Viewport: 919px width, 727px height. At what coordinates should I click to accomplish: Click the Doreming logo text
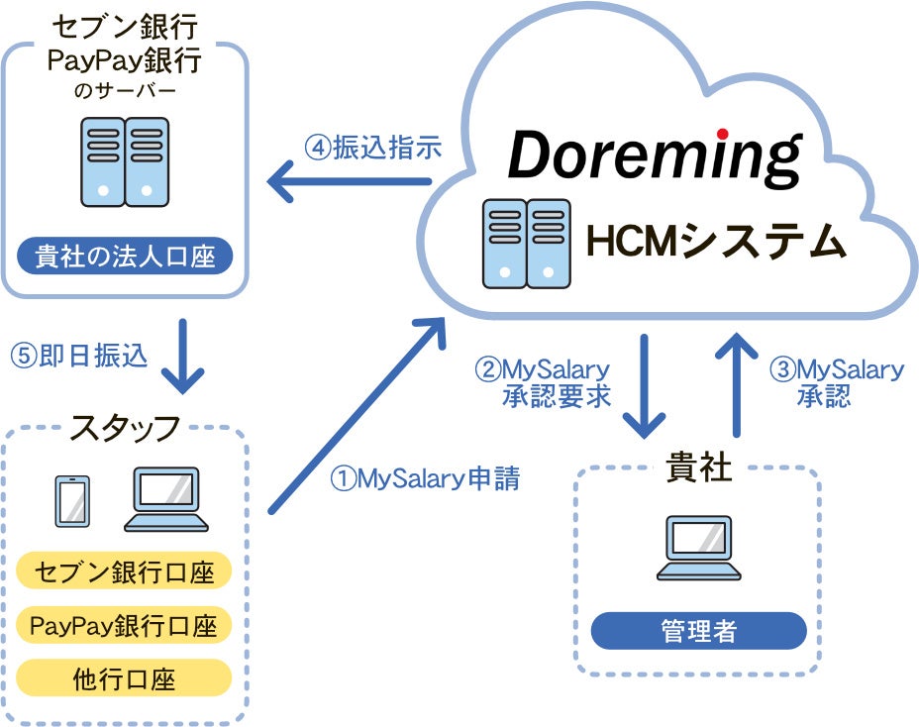pyautogui.click(x=655, y=157)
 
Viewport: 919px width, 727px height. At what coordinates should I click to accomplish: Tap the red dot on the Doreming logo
pyautogui.click(x=722, y=134)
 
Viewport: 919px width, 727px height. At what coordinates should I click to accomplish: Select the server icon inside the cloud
pyautogui.click(x=526, y=244)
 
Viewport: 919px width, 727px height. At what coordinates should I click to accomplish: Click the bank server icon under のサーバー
pyautogui.click(x=125, y=161)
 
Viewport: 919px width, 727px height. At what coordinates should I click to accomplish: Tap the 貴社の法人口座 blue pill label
pyautogui.click(x=125, y=256)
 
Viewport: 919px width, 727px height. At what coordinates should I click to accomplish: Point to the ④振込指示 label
pyautogui.click(x=372, y=148)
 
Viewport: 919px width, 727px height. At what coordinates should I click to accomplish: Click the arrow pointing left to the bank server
pyautogui.click(x=350, y=181)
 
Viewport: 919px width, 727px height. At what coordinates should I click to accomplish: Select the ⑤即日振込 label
pyautogui.click(x=78, y=356)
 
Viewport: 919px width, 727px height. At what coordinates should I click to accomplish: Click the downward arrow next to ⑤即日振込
pyautogui.click(x=183, y=356)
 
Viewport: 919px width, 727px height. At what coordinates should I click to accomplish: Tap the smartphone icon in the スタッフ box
pyautogui.click(x=72, y=501)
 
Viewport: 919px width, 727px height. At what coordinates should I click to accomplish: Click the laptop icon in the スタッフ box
pyautogui.click(x=166, y=499)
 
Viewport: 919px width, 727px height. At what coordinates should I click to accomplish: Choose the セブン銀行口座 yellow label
pyautogui.click(x=124, y=571)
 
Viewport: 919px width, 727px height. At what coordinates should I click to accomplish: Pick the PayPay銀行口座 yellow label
pyautogui.click(x=124, y=625)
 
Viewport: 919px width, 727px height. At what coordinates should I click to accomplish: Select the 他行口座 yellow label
pyautogui.click(x=124, y=678)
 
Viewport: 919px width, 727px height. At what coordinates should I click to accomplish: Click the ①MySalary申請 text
pyautogui.click(x=425, y=478)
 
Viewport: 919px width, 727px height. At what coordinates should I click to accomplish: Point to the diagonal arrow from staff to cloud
pyautogui.click(x=357, y=416)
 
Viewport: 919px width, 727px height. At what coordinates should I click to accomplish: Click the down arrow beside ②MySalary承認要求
pyautogui.click(x=644, y=385)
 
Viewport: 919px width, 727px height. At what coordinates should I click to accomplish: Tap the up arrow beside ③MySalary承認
pyautogui.click(x=737, y=385)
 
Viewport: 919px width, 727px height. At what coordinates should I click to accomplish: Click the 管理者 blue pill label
pyautogui.click(x=698, y=631)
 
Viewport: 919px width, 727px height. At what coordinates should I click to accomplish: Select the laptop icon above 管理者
pyautogui.click(x=698, y=548)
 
